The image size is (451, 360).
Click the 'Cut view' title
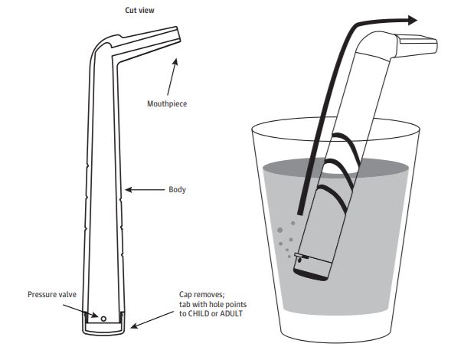(x=139, y=11)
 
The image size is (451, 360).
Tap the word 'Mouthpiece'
(x=167, y=104)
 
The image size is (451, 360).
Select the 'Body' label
(x=177, y=190)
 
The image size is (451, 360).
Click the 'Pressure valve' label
(x=52, y=294)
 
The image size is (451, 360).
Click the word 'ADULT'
(x=230, y=314)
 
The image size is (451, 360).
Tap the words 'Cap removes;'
(x=201, y=295)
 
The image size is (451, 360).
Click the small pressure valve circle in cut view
(x=103, y=319)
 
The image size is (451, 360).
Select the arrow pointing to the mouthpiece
(x=172, y=77)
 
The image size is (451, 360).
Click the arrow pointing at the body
(x=145, y=190)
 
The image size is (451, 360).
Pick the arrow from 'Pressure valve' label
(x=80, y=311)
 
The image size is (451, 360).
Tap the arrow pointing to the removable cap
(x=152, y=319)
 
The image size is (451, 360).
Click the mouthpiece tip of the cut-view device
(x=178, y=34)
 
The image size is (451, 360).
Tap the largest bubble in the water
(x=279, y=231)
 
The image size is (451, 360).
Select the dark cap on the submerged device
(x=310, y=274)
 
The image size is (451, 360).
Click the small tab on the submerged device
(x=301, y=256)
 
